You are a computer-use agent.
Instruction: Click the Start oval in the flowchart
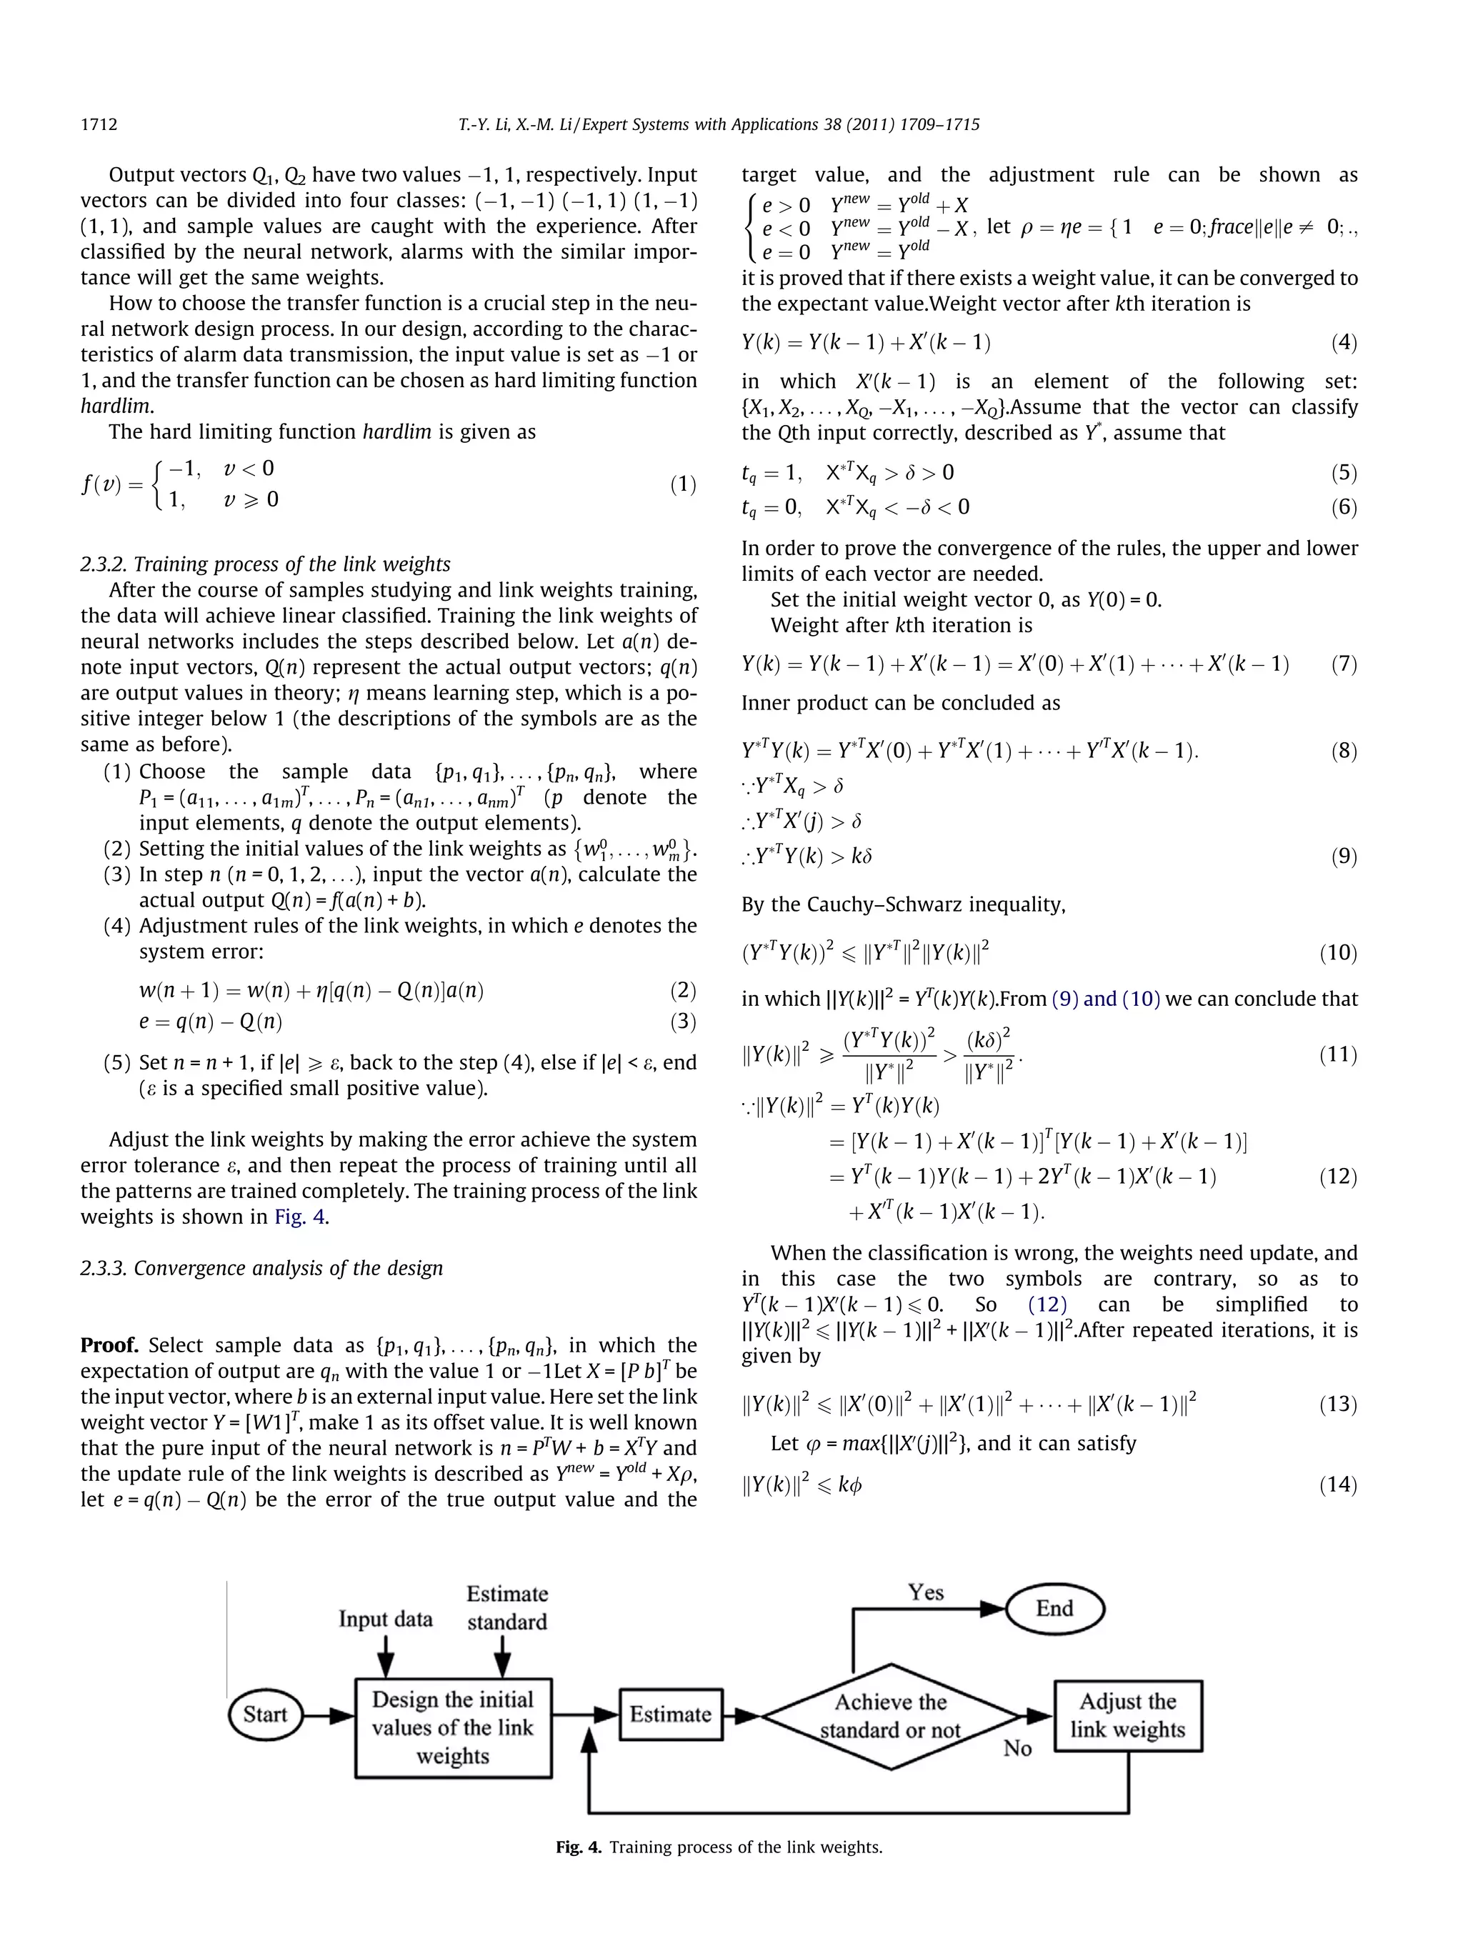[264, 1714]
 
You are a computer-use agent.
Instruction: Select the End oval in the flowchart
[1054, 1608]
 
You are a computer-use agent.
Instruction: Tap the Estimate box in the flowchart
[670, 1714]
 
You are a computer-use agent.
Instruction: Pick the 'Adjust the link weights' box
[1128, 1715]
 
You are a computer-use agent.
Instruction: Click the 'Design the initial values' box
[452, 1727]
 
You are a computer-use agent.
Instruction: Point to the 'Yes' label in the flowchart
[926, 1592]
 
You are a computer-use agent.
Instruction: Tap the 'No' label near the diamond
[1017, 1748]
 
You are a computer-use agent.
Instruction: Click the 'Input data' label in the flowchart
[385, 1620]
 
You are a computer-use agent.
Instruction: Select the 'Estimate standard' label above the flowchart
[507, 1607]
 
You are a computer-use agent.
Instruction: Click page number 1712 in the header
[99, 124]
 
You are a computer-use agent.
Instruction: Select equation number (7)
[1343, 664]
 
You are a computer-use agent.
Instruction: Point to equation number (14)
[1338, 1485]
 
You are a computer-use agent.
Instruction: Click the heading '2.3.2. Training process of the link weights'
[264, 564]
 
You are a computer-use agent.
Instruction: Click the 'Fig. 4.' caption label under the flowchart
[579, 1847]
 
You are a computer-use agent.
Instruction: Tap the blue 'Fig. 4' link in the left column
[300, 1217]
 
